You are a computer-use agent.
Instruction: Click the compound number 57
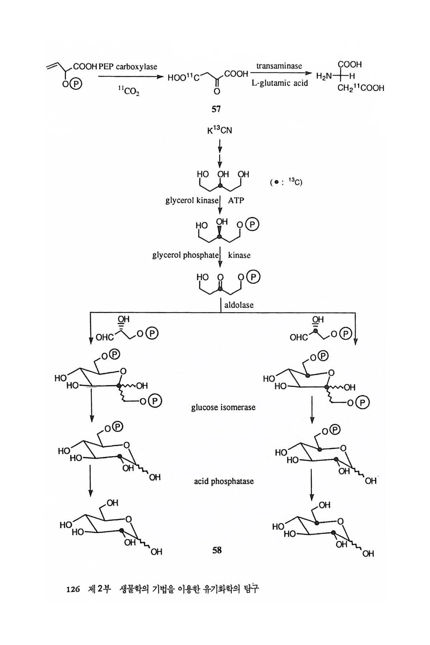(216, 109)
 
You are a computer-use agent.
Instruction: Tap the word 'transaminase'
(279, 66)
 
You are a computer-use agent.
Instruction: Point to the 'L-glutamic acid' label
(279, 83)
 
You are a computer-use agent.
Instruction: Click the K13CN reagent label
(219, 130)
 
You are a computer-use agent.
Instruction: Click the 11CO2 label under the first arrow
(129, 92)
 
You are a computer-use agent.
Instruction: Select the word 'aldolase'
(239, 305)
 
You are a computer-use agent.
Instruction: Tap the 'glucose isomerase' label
(223, 407)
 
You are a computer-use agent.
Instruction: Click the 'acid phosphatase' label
(224, 481)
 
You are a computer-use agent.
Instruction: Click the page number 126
(73, 589)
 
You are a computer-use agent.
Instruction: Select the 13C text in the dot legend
(295, 182)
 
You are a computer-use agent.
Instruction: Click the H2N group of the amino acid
(324, 76)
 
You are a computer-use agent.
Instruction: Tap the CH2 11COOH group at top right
(360, 88)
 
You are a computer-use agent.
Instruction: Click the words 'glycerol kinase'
(191, 201)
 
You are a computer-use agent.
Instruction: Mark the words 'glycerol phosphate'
(185, 255)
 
